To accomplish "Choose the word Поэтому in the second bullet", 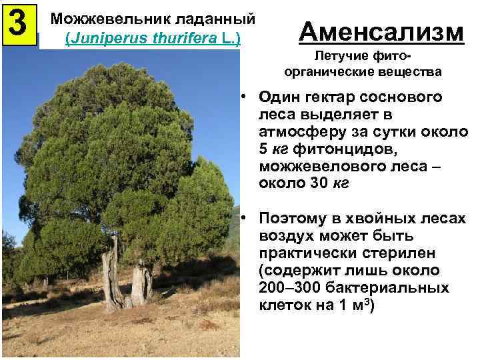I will pyautogui.click(x=294, y=219).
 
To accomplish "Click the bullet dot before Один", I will pyautogui.click(x=245, y=97).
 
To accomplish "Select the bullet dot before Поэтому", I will pyautogui.click(x=245, y=219).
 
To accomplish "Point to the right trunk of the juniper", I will pyautogui.click(x=140, y=283).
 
